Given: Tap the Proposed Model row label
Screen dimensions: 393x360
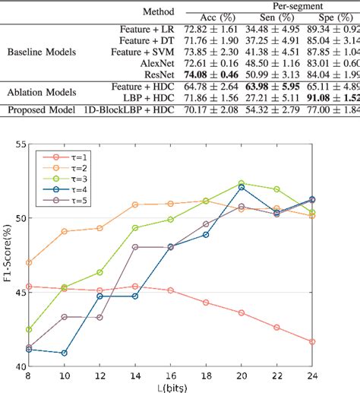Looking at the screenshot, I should (39, 111).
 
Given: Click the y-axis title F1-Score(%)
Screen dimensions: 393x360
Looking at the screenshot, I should (6, 255).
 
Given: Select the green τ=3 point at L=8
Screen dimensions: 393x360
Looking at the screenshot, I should (29, 329).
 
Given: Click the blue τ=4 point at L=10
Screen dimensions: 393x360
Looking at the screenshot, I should (65, 353).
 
